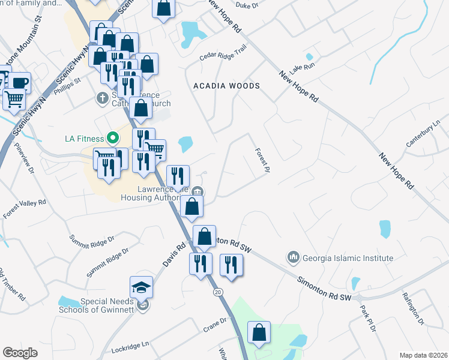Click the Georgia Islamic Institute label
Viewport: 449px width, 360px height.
coord(348,258)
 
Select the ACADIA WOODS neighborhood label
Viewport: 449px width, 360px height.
coord(226,86)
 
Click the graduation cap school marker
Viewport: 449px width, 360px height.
coord(141,288)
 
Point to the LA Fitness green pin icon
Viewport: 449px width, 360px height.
coord(111,138)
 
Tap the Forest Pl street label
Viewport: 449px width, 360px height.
coord(261,161)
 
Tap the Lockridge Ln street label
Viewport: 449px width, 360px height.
coord(129,347)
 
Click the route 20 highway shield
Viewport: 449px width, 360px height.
coord(217,292)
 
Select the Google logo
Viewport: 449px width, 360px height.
coord(20,353)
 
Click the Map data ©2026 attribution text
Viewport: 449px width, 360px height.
coord(423,355)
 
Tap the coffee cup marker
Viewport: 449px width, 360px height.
coord(20,82)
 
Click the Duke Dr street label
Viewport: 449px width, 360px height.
coord(246,5)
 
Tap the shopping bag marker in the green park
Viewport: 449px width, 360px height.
coord(259,333)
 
